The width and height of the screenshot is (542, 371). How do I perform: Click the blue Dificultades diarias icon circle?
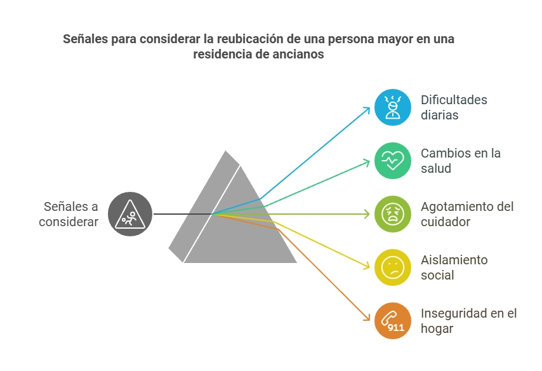point(393,107)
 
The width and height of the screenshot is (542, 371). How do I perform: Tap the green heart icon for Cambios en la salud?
point(393,161)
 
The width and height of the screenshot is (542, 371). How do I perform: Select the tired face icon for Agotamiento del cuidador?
point(393,214)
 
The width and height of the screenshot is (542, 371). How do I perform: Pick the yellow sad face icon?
point(393,267)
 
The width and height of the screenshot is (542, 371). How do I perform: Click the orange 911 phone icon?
point(393,320)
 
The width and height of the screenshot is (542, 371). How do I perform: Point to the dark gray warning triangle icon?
point(130,214)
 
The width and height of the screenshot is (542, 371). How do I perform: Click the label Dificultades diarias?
point(454,107)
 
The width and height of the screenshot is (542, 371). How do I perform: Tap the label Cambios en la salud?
point(460,161)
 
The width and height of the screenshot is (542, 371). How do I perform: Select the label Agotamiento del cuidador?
point(467,214)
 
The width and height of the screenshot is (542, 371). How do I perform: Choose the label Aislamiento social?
point(454,267)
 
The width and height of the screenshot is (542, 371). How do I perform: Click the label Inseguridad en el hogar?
point(469,320)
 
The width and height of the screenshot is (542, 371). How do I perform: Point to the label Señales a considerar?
point(69,214)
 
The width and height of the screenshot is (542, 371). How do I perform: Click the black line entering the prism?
point(183,214)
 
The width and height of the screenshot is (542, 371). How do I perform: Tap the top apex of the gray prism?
point(226,151)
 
